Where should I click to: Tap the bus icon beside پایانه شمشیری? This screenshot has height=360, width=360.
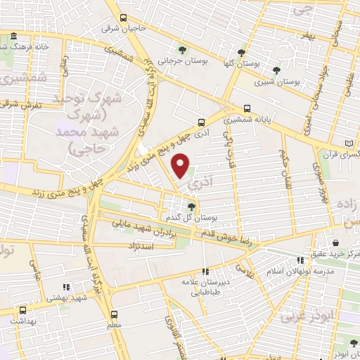click(x=246, y=108)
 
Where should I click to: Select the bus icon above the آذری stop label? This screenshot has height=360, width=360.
click(x=202, y=121)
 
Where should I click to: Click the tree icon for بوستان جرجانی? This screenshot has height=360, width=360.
click(x=182, y=49)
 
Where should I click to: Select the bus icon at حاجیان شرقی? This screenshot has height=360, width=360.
click(x=124, y=18)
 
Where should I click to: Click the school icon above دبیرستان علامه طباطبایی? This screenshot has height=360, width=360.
click(x=205, y=271)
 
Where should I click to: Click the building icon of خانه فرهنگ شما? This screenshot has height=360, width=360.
click(x=13, y=36)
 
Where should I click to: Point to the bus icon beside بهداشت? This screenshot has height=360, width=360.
click(x=23, y=309)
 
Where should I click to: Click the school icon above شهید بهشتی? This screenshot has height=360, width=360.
click(x=66, y=287)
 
